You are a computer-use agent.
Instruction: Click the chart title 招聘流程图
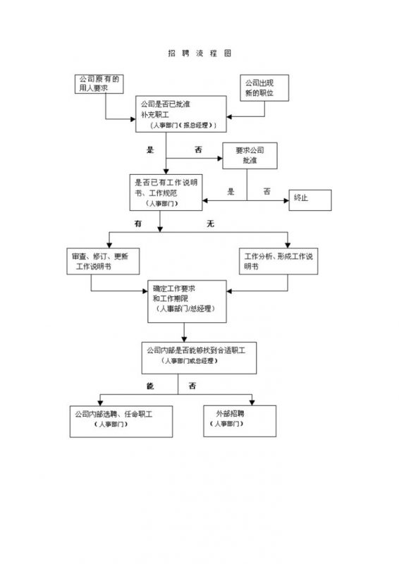pyautogui.click(x=199, y=54)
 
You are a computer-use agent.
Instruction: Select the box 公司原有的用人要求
pyautogui.click(x=98, y=84)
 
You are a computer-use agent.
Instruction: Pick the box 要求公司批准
pyautogui.click(x=250, y=156)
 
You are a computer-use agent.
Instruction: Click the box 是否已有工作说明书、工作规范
pyautogui.click(x=166, y=192)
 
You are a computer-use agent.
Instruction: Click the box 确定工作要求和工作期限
pyautogui.click(x=186, y=300)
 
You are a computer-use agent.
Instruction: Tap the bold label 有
pyautogui.click(x=139, y=223)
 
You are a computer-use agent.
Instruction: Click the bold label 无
pyautogui.click(x=209, y=223)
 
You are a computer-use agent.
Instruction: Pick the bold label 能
pyautogui.click(x=149, y=386)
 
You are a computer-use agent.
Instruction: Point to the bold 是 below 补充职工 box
pyautogui.click(x=149, y=149)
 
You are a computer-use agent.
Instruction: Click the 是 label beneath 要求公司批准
pyautogui.click(x=231, y=191)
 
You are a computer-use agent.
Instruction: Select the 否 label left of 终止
pyautogui.click(x=266, y=191)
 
